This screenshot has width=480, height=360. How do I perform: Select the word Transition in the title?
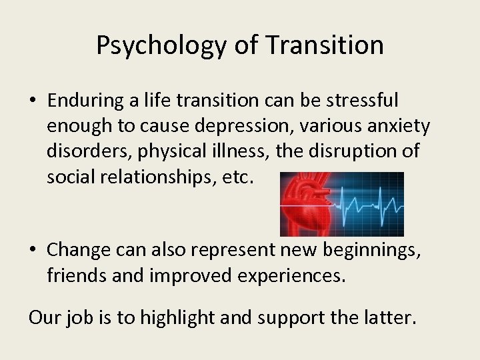[x=325, y=45]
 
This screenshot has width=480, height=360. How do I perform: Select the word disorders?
[x=88, y=151]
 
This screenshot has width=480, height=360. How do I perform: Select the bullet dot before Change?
[x=33, y=250]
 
